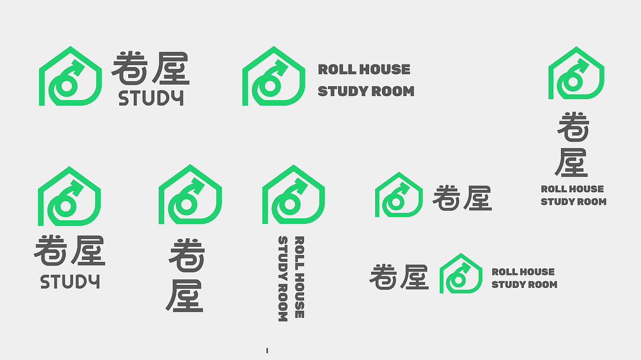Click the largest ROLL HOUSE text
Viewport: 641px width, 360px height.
pyautogui.click(x=364, y=70)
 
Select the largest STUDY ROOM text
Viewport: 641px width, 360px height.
pyautogui.click(x=366, y=91)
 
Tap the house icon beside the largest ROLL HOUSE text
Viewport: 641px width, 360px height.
pyautogui.click(x=274, y=76)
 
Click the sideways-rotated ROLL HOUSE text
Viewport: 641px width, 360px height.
pyautogui.click(x=299, y=277)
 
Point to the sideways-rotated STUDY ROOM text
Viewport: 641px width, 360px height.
pyautogui.click(x=283, y=279)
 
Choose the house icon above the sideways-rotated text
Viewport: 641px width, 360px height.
pyautogui.click(x=293, y=194)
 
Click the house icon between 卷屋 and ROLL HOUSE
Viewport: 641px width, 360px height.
pyautogui.click(x=461, y=273)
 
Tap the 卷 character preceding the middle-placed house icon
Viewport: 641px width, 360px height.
pyautogui.click(x=383, y=277)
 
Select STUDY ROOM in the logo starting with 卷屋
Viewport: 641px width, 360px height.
pyautogui.click(x=524, y=285)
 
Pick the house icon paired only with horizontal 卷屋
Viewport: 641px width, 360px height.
pyautogui.click(x=399, y=195)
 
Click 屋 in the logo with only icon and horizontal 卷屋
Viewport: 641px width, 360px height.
pyautogui.click(x=478, y=198)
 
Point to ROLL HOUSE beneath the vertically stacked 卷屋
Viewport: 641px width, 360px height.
pyautogui.click(x=572, y=189)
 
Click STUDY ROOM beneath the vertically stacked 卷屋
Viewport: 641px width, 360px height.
pyautogui.click(x=573, y=202)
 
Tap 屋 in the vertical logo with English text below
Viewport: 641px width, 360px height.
pyautogui.click(x=571, y=162)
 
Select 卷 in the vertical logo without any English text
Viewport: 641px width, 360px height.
pyautogui.click(x=187, y=255)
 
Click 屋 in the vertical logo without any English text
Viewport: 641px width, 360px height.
pyautogui.click(x=185, y=296)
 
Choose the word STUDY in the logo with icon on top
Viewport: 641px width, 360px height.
pyautogui.click(x=70, y=281)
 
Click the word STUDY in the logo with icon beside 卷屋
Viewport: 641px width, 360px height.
pyautogui.click(x=151, y=98)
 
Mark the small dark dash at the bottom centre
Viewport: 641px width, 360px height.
pyautogui.click(x=267, y=350)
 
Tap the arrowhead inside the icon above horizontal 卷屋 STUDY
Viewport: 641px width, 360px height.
pyautogui.click(x=76, y=187)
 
